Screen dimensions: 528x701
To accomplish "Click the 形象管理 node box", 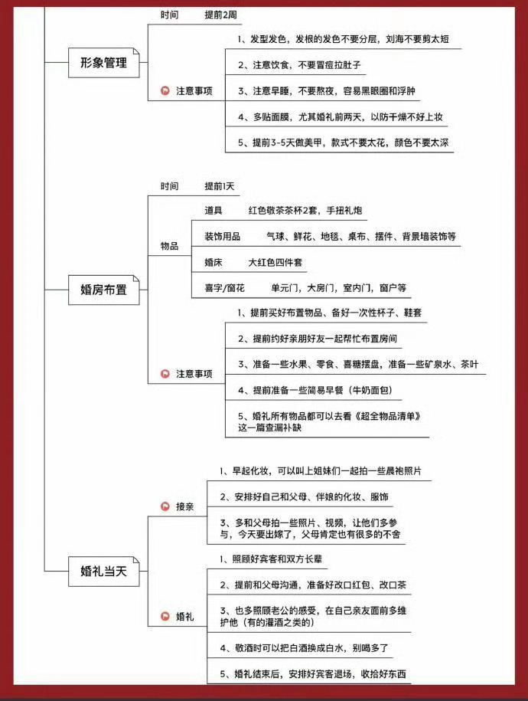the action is tap(103, 63).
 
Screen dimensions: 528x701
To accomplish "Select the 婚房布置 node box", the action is tap(103, 290).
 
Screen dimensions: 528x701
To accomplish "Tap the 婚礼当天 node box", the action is tap(103, 571).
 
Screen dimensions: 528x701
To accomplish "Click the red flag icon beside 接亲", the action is tap(165, 506).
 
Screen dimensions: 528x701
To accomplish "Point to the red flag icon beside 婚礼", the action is tap(165, 616).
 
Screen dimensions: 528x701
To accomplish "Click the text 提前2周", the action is tap(222, 15).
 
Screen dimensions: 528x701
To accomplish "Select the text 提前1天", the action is tap(220, 186).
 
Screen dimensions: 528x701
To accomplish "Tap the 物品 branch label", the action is tap(169, 246).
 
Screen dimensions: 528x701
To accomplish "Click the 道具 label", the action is tap(213, 210).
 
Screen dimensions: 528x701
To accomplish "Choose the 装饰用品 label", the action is tap(223, 236).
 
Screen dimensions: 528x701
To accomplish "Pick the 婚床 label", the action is tap(213, 262).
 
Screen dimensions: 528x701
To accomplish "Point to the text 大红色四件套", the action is tap(275, 262).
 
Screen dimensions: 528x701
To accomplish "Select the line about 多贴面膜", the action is tap(341, 116).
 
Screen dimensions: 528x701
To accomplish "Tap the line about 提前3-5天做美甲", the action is tap(343, 142).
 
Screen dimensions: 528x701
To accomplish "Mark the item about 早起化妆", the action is tap(321, 470).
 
